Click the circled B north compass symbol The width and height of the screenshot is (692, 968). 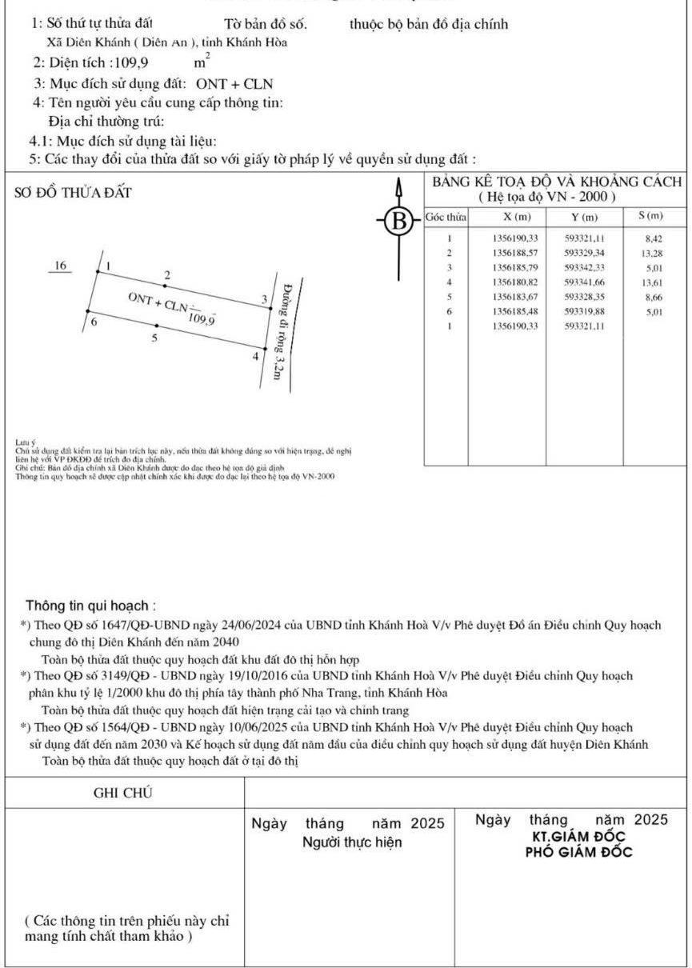click(x=398, y=219)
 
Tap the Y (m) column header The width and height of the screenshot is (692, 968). click(x=582, y=218)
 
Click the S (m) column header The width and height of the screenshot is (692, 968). click(x=651, y=217)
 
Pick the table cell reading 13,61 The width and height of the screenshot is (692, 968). click(x=652, y=282)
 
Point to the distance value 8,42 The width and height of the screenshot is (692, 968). click(x=653, y=238)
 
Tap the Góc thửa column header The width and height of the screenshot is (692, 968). click(x=446, y=218)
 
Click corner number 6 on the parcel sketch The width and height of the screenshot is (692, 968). click(x=94, y=322)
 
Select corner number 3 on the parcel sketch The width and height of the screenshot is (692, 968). click(x=264, y=299)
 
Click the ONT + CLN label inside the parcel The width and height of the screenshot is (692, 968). click(x=158, y=302)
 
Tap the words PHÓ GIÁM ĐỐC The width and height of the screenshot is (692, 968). click(x=578, y=851)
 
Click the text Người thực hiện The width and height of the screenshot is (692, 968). click(x=352, y=842)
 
